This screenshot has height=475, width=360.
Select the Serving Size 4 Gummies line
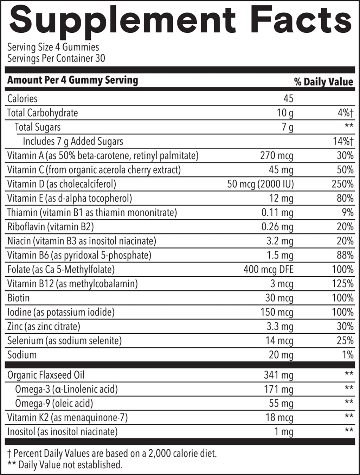coord(53,47)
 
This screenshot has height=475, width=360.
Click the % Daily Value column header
coord(323,82)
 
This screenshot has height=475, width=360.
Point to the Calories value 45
coord(288,98)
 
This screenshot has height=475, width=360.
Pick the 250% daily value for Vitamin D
coord(342,184)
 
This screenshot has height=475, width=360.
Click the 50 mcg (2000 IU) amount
coord(260,184)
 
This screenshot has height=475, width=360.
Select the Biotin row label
coord(18,298)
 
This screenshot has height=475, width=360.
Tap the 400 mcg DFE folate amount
coord(268,270)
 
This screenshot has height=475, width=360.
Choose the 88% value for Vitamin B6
coord(345,255)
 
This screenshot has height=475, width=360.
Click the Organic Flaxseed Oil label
coord(46,375)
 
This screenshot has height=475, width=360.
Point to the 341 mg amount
coord(278,375)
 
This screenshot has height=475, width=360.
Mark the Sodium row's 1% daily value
coord(348,355)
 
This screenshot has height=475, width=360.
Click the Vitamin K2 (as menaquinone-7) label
coord(67,418)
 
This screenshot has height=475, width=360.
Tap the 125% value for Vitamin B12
coord(342,284)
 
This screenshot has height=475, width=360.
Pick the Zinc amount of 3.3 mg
coord(279,326)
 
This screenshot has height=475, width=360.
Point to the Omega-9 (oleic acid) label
coord(54,403)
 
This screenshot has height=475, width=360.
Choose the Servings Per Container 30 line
coord(56,58)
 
